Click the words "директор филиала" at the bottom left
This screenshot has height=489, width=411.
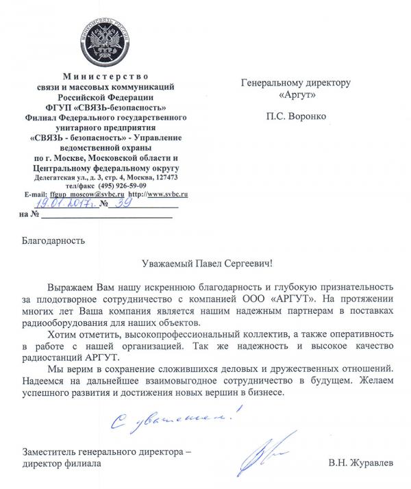(x=61, y=464)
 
